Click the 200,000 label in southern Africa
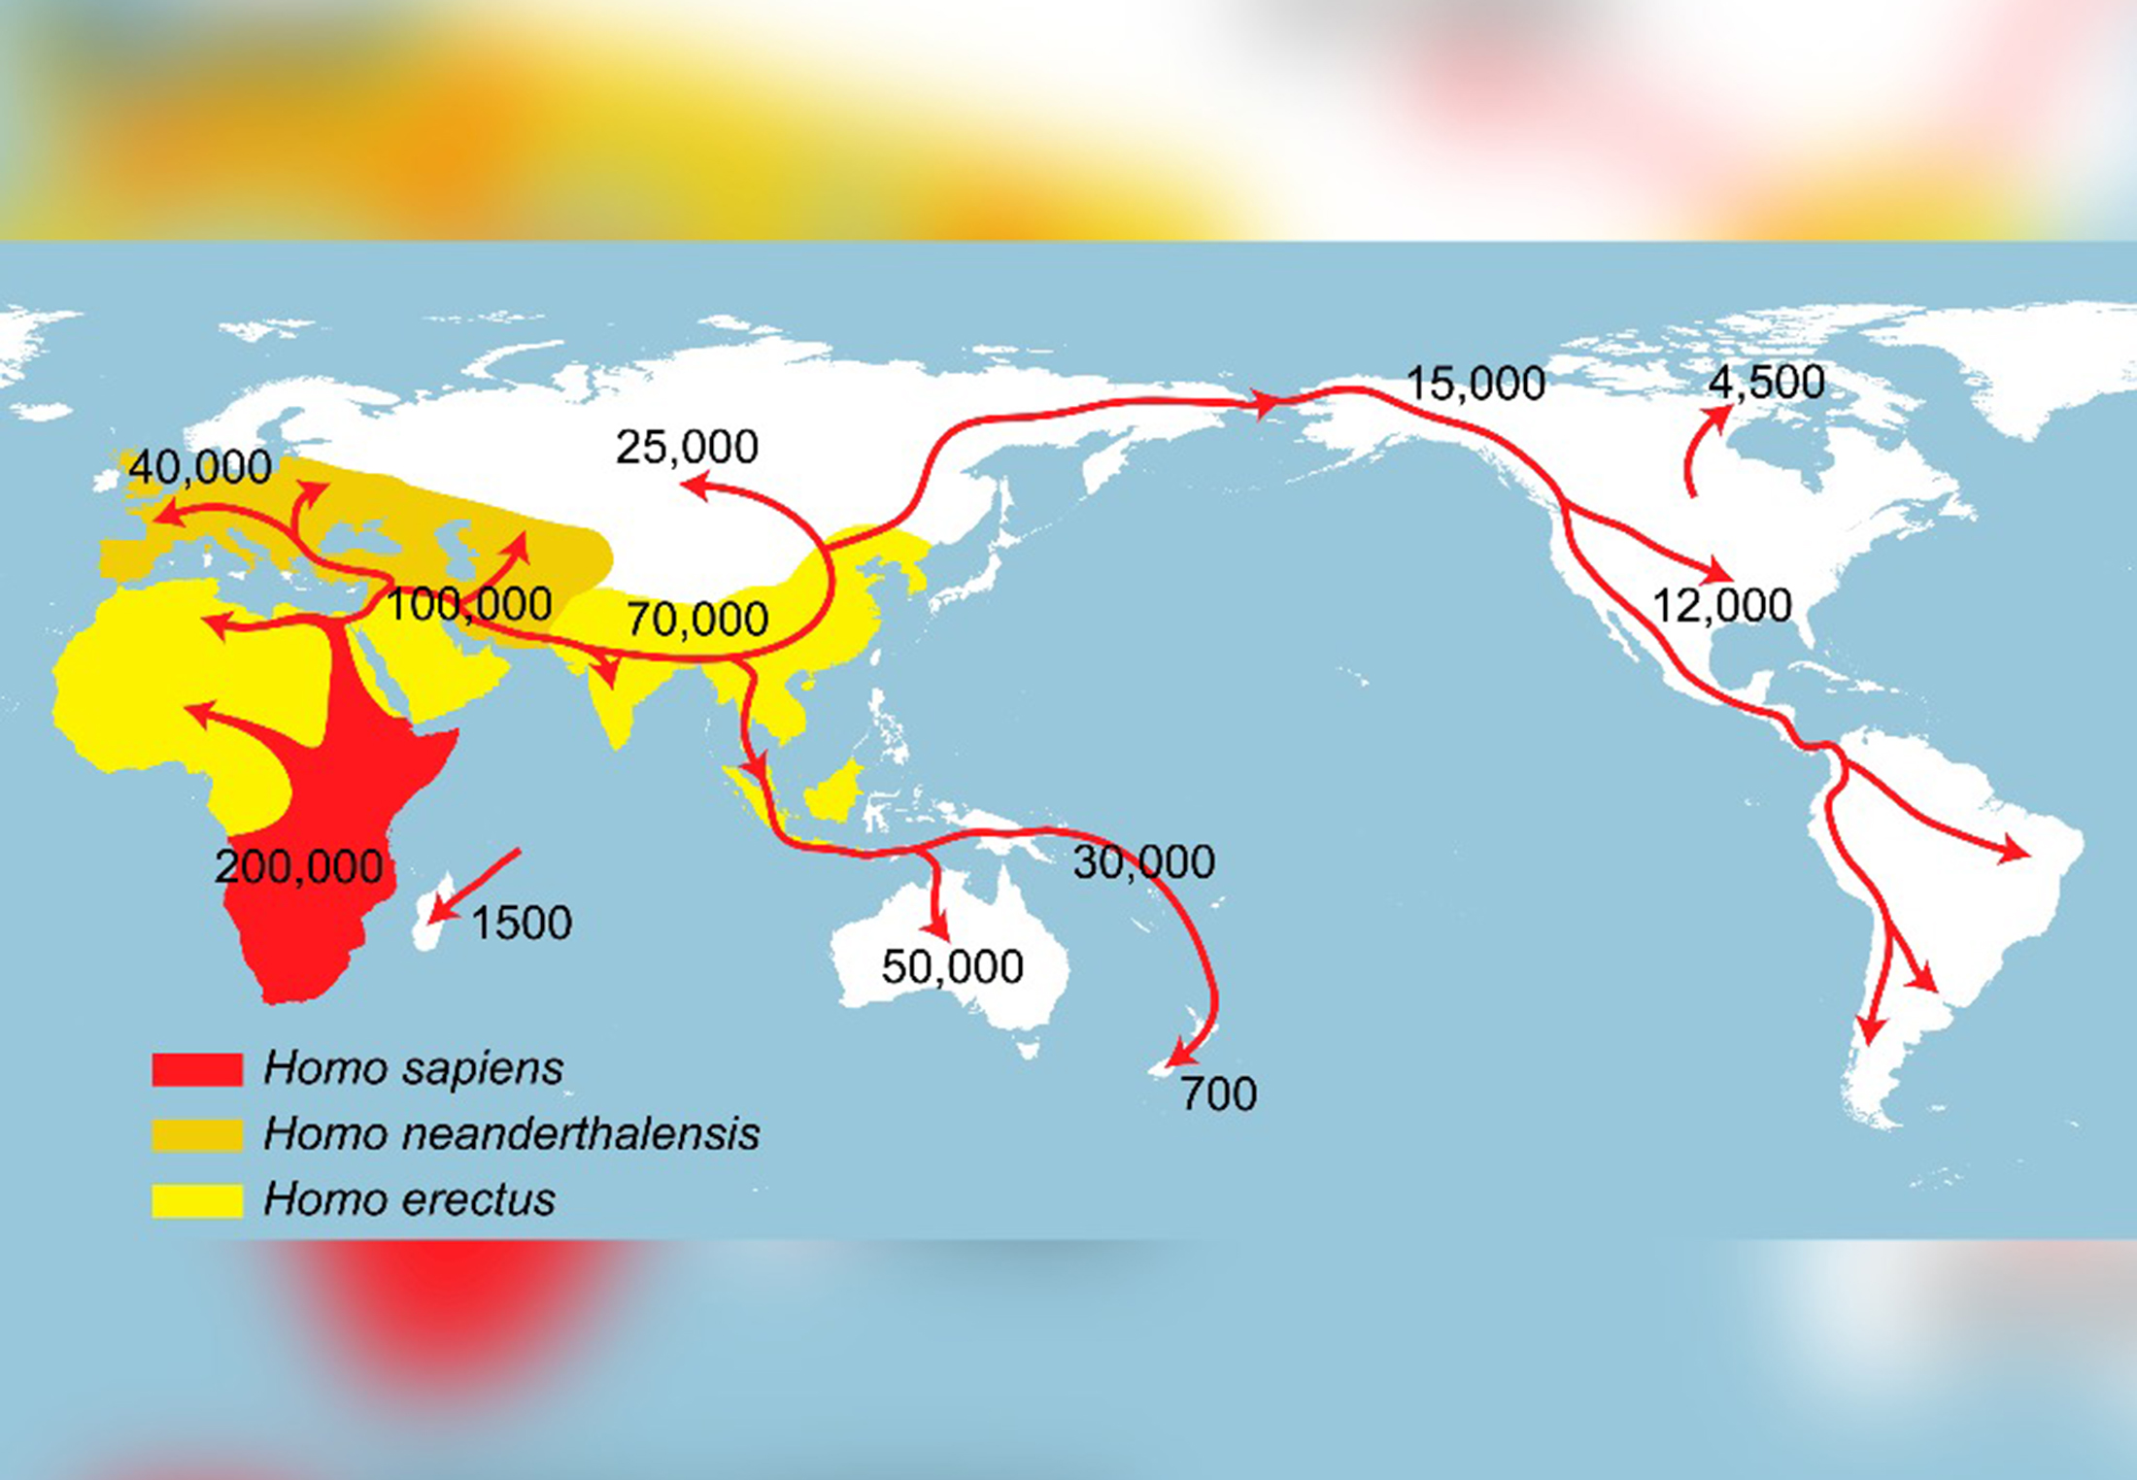(x=298, y=866)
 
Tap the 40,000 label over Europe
(x=200, y=467)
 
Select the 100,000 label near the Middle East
(x=469, y=604)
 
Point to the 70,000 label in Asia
(x=696, y=619)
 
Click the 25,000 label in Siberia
(x=687, y=447)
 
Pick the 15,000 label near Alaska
(x=1476, y=384)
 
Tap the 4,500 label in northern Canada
(x=1766, y=382)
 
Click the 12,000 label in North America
(x=1721, y=606)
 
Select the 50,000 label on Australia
(x=952, y=966)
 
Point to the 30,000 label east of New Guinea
(x=1143, y=861)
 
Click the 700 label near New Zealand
(x=1219, y=1094)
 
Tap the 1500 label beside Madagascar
(x=522, y=923)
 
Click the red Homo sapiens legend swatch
(x=197, y=1069)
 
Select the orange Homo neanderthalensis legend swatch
(x=197, y=1134)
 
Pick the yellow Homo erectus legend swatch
(x=197, y=1199)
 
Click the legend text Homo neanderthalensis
(x=511, y=1134)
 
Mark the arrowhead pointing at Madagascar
(x=439, y=912)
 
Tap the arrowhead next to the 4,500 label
(x=1720, y=416)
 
